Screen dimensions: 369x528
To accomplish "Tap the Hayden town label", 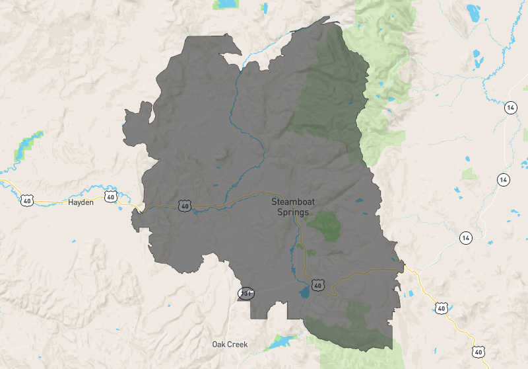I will point(81,202).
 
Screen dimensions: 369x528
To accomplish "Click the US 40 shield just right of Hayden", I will point(110,196).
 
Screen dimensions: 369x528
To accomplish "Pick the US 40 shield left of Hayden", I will point(26,200).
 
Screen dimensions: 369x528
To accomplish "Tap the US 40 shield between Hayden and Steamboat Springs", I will point(184,206).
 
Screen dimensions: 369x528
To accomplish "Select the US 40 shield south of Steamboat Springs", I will point(318,285).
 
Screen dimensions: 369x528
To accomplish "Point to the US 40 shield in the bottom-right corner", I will point(477,351).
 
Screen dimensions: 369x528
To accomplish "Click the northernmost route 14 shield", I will point(510,108).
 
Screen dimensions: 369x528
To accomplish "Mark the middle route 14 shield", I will point(504,179).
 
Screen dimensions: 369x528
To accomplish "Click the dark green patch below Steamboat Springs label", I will point(323,225).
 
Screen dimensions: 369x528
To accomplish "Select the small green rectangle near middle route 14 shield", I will point(469,174).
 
